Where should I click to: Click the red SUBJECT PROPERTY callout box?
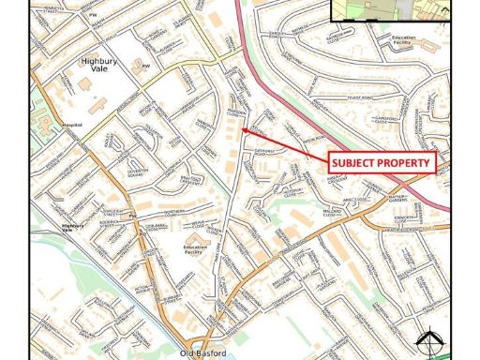pyautogui.click(x=382, y=162)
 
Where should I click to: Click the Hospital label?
pyautogui.click(x=72, y=124)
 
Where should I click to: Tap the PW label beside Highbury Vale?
pyautogui.click(x=146, y=66)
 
